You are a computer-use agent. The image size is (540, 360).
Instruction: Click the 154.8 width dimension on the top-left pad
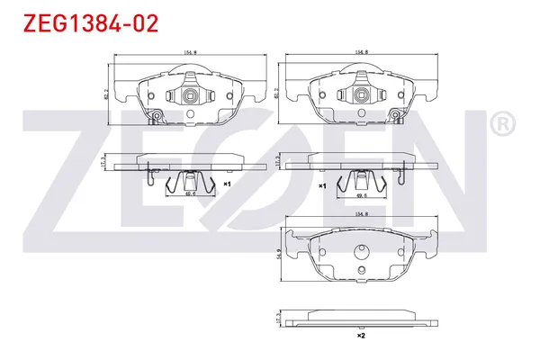coord(190,53)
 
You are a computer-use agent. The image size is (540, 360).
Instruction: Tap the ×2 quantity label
coord(360,336)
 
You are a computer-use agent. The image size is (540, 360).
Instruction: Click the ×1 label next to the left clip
coord(228,184)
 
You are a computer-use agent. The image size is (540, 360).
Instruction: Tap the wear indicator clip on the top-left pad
coord(156,117)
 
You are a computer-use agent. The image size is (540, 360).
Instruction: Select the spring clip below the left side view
coord(190,182)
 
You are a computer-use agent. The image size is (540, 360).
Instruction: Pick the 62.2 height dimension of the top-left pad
coord(108,92)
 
